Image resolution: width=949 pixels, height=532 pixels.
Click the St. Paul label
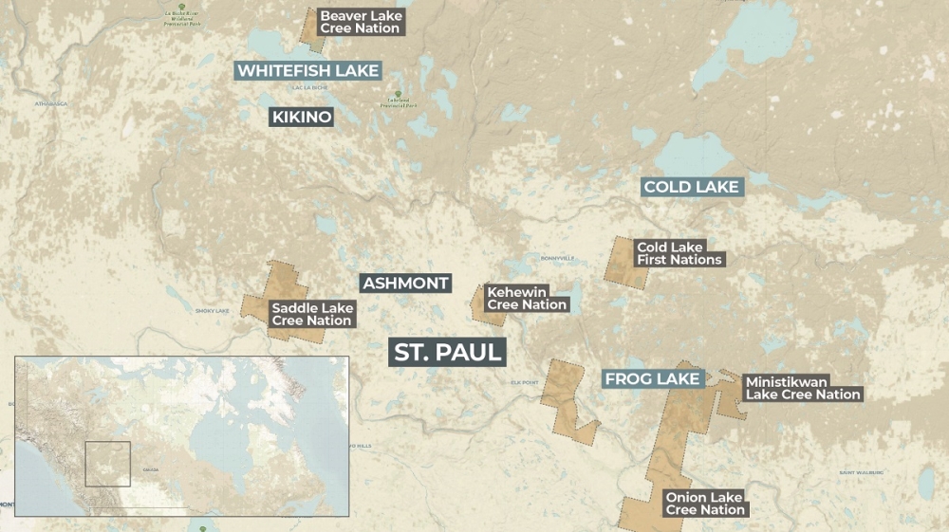pyautogui.click(x=448, y=353)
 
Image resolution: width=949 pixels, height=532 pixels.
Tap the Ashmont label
pyautogui.click(x=405, y=284)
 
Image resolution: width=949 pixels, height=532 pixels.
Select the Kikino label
pyautogui.click(x=302, y=118)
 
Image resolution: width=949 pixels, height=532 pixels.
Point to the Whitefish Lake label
pyautogui.click(x=307, y=71)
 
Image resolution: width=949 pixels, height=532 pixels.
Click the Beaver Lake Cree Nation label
pyautogui.click(x=361, y=22)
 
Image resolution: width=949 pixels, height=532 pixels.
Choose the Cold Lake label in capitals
pyautogui.click(x=691, y=187)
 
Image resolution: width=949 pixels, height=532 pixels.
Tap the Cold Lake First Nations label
pyautogui.click(x=679, y=253)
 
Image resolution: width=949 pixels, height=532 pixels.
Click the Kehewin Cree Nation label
pyautogui.click(x=527, y=299)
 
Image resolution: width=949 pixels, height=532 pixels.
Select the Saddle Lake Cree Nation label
pyautogui.click(x=311, y=314)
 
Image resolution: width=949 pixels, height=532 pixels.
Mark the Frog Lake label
pyautogui.click(x=652, y=379)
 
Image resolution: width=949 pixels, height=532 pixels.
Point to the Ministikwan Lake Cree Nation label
pyautogui.click(x=802, y=388)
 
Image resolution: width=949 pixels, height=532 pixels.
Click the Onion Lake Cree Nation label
pyautogui.click(x=704, y=504)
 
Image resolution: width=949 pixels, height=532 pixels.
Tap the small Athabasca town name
pyautogui.click(x=52, y=103)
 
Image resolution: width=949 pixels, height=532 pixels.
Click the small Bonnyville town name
pyautogui.click(x=558, y=258)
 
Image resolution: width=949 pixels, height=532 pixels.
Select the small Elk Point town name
pyautogui.click(x=525, y=382)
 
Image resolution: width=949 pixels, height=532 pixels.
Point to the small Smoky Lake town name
pyautogui.click(x=213, y=311)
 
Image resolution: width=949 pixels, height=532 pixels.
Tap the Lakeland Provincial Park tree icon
pyautogui.click(x=398, y=93)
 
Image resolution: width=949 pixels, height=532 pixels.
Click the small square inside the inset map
pyautogui.click(x=107, y=464)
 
